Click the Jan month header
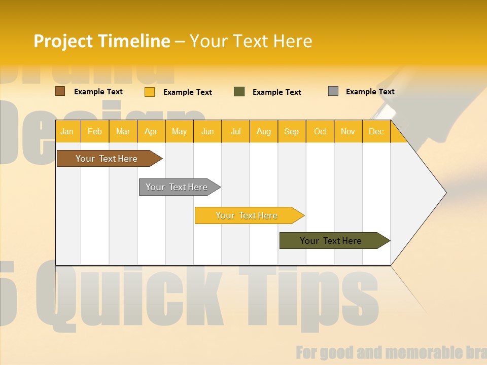(67, 131)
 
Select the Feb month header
(95, 131)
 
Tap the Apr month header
(151, 131)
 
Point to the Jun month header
(207, 131)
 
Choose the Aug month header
(264, 131)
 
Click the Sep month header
(292, 131)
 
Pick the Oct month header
(320, 131)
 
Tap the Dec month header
(376, 131)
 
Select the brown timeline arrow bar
(107, 159)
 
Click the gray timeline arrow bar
(177, 187)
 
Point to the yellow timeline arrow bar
(247, 215)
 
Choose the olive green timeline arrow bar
(331, 241)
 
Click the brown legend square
(60, 91)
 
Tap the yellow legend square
(149, 92)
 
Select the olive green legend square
(239, 92)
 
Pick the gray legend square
(333, 91)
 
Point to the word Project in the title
(63, 41)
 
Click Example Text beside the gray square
(370, 92)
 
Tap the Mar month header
(123, 131)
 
